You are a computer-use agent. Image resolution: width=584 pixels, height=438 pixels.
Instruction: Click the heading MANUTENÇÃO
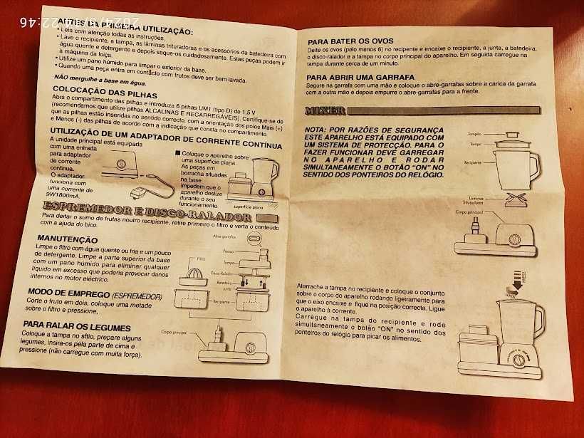click(x=67, y=240)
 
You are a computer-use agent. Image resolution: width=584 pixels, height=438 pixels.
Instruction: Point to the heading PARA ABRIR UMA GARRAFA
click(x=365, y=78)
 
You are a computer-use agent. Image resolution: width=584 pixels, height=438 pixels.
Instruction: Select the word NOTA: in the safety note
click(x=316, y=130)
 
